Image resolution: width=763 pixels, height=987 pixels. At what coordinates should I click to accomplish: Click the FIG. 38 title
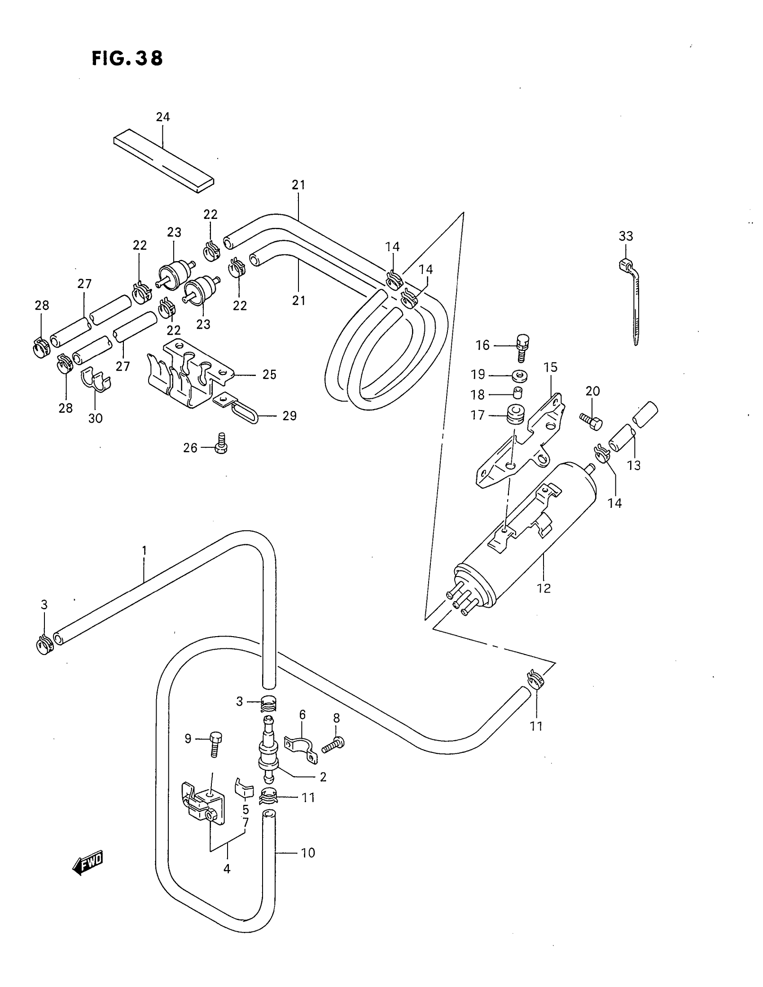coord(127,59)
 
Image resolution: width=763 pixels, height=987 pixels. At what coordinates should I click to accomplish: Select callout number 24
coord(163,117)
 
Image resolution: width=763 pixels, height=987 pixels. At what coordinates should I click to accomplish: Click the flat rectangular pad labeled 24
coord(164,161)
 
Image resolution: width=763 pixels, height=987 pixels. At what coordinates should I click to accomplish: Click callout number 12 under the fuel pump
coord(544,588)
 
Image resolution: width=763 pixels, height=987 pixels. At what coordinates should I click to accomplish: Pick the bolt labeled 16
coord(522,347)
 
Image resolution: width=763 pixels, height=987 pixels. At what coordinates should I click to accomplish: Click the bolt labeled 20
coord(591,421)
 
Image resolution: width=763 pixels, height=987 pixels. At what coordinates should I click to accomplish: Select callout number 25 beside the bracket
coord(269,374)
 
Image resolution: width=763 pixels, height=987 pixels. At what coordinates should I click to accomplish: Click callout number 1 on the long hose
coord(144,550)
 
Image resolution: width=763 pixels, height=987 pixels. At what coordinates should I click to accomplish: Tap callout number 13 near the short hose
coord(634,465)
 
